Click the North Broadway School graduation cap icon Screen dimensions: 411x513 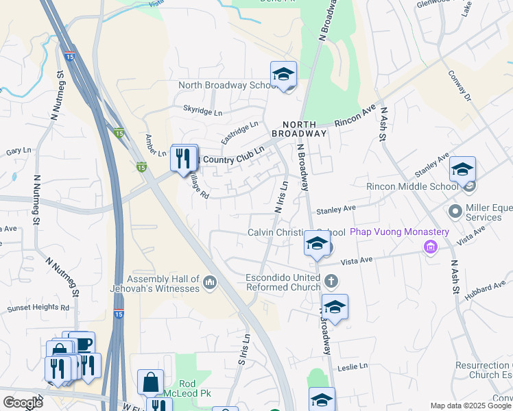pyautogui.click(x=283, y=75)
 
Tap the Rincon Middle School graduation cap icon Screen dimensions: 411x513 pyautogui.click(x=462, y=169)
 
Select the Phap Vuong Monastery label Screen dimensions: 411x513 pyautogui.click(x=399, y=232)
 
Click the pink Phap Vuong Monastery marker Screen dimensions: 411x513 pyautogui.click(x=431, y=246)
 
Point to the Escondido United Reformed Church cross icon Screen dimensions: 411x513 pyautogui.click(x=331, y=281)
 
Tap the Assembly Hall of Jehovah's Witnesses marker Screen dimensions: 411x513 pyautogui.click(x=210, y=281)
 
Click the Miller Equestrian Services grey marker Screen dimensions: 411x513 pyautogui.click(x=455, y=210)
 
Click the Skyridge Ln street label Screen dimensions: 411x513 pyautogui.click(x=203, y=110)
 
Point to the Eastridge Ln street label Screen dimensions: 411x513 pyautogui.click(x=239, y=133)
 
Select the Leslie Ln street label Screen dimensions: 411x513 pyautogui.click(x=353, y=368)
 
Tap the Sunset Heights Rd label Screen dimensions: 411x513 pyautogui.click(x=38, y=308)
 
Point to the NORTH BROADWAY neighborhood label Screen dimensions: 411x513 pyautogui.click(x=299, y=128)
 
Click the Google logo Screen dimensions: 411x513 pyautogui.click(x=23, y=403)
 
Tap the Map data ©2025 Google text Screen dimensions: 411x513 pyautogui.click(x=470, y=406)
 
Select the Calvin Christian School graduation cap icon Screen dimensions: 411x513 pyautogui.click(x=316, y=243)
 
